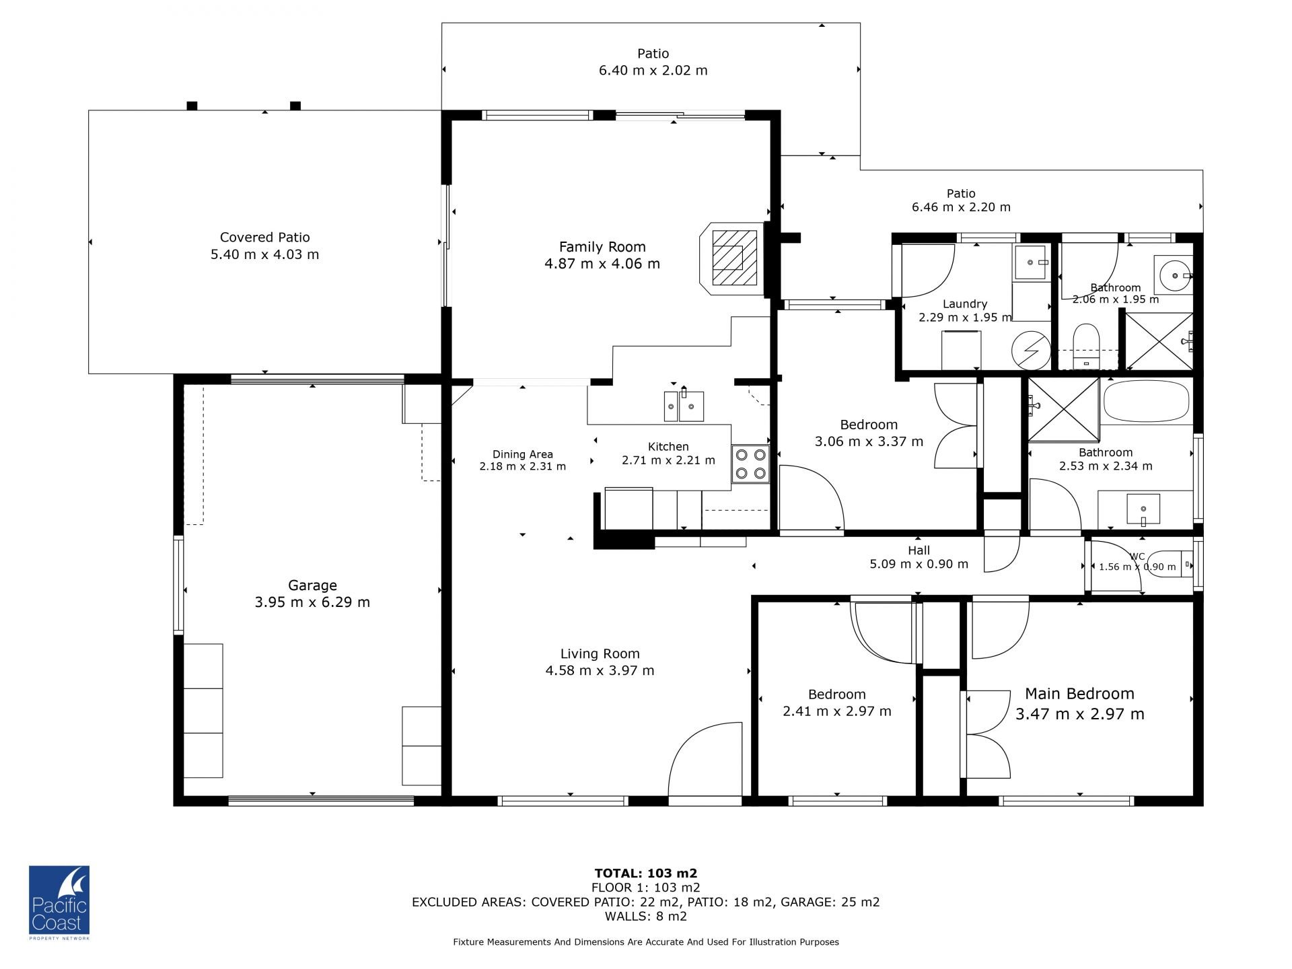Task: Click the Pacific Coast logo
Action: tap(59, 902)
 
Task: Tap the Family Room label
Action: tap(602, 247)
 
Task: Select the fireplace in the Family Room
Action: tap(732, 258)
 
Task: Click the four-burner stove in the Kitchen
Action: tap(750, 464)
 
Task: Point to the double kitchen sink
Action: tap(684, 406)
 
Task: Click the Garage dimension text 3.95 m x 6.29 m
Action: tap(312, 602)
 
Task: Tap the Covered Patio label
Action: tap(265, 238)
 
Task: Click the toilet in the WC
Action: tap(1181, 564)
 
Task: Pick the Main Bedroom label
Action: tap(1079, 694)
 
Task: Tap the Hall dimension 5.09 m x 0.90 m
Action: tap(919, 564)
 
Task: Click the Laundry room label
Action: tap(965, 304)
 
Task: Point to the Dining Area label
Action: tap(522, 454)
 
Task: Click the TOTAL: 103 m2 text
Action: tap(646, 874)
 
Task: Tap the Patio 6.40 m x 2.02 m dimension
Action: tap(653, 71)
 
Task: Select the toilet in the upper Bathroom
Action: tap(1085, 345)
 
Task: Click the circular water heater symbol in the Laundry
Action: tap(1031, 350)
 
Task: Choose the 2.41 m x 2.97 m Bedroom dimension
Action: tap(836, 711)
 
